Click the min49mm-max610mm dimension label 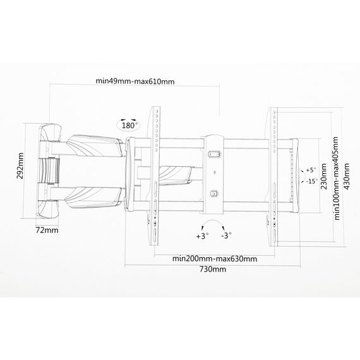tap(135, 81)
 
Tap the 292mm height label tap(20, 166)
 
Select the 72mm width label tap(47, 230)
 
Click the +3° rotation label tap(203, 236)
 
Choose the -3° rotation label tap(226, 236)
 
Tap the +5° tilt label tap(311, 170)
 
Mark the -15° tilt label tap(311, 181)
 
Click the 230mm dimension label tap(324, 176)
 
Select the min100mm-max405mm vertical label tap(337, 178)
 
